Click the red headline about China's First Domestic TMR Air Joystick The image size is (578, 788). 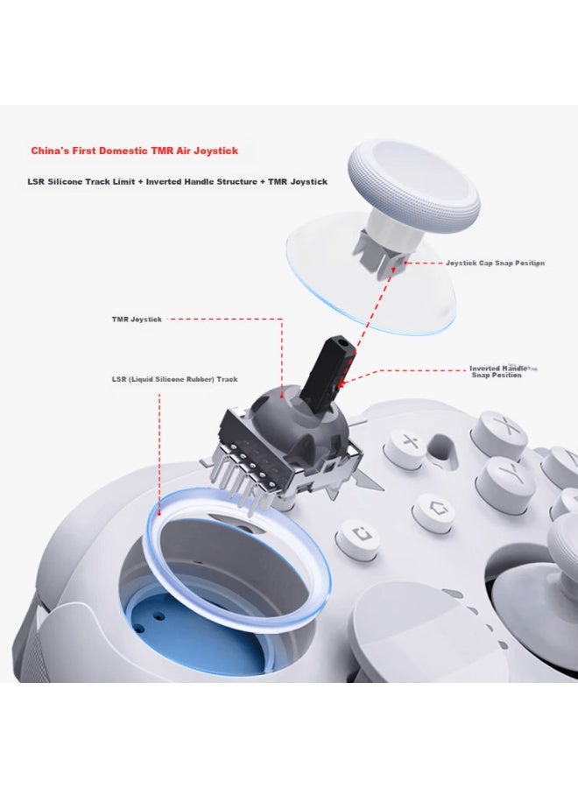134,151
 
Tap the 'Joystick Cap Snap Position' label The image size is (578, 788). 495,263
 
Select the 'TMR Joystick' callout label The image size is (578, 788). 137,320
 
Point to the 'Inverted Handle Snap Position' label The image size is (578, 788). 498,371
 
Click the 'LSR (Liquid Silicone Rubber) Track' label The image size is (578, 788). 174,379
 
